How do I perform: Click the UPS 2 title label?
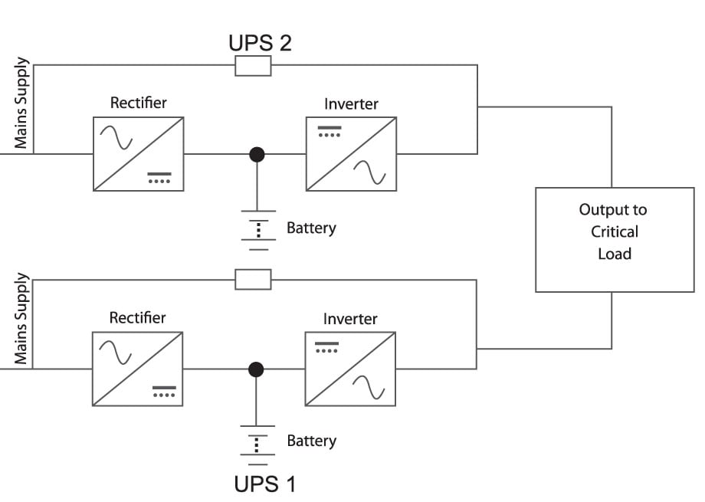pos(260,42)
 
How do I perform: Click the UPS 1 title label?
pos(264,484)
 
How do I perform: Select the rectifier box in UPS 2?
pos(138,153)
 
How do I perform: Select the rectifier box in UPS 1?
pos(138,369)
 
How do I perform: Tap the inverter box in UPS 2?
pos(351,153)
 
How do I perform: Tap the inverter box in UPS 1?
pos(350,369)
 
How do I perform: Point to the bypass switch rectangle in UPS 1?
pos(253,280)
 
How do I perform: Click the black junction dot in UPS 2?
pos(257,154)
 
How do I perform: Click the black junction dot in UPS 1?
pos(257,369)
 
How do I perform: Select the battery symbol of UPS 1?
pos(258,444)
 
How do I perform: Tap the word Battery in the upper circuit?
pos(311,228)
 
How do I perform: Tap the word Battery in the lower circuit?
pos(311,441)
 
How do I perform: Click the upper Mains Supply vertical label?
pos(21,103)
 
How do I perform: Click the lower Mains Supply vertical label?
pos(21,318)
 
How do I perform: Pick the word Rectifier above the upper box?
pos(138,103)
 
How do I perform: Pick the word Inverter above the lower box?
pos(350,318)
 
